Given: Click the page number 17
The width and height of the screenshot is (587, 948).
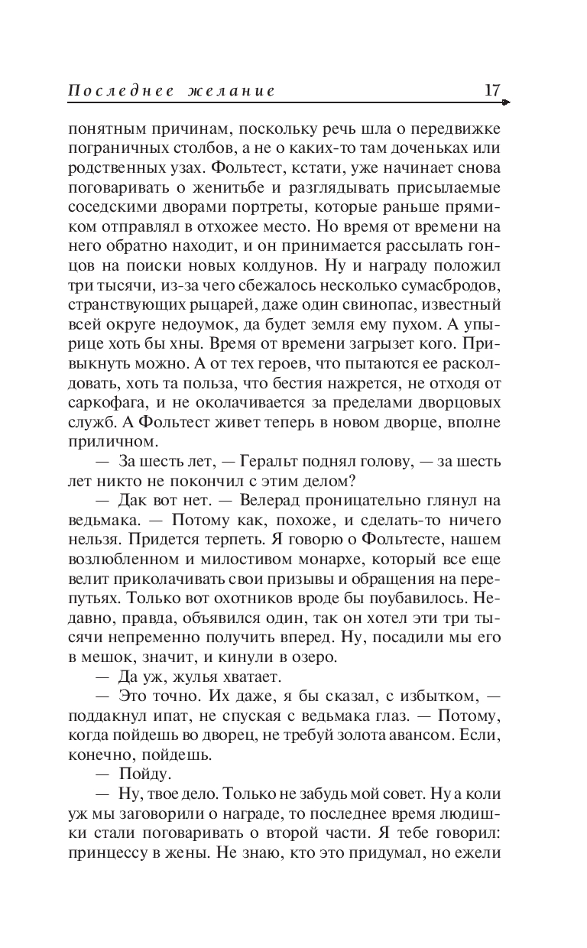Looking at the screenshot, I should [x=493, y=90].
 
